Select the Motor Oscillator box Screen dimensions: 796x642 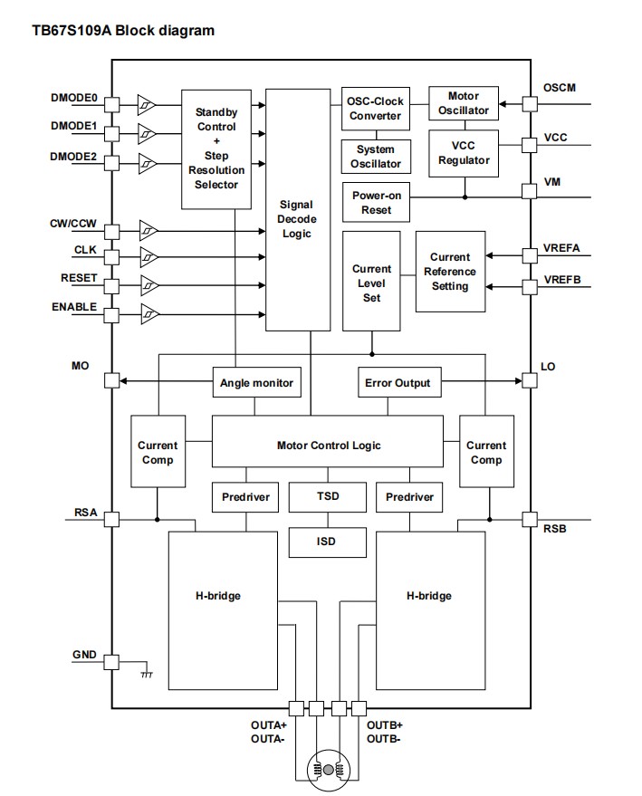[464, 103]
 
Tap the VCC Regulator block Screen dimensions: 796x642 [464, 153]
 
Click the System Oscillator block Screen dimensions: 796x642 [375, 156]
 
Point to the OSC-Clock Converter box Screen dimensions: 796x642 [375, 109]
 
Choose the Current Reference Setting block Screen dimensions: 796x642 [450, 272]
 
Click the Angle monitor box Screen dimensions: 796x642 [256, 383]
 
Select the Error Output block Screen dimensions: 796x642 [398, 383]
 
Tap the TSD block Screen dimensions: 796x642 [328, 496]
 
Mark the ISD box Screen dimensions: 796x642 [328, 542]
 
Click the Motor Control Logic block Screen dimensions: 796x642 [328, 445]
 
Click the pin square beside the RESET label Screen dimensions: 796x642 [112, 286]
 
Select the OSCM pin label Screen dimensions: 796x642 [559, 88]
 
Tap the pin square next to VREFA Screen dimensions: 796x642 [529, 258]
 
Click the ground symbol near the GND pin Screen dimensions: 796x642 [146, 674]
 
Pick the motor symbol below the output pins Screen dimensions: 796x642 [328, 769]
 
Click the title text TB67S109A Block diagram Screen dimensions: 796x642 [123, 31]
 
